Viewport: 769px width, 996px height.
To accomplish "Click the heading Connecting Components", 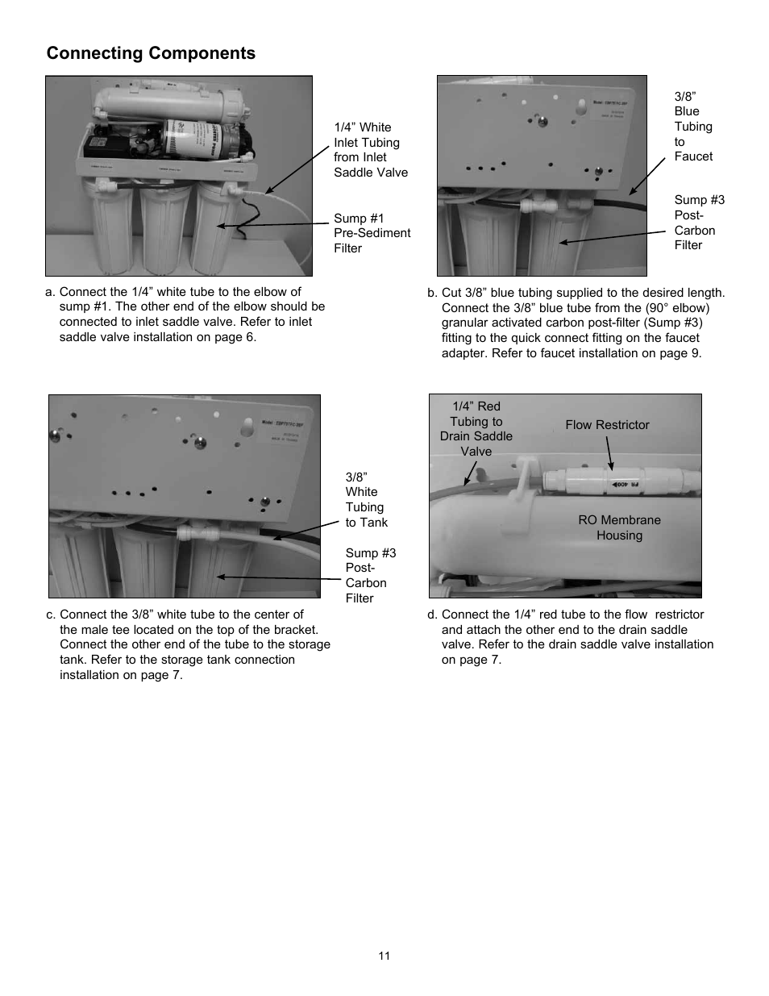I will click(151, 53).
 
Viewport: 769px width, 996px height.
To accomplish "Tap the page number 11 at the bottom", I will click(384, 956).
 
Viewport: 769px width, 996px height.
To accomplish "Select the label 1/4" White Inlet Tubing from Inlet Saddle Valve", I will click(371, 150).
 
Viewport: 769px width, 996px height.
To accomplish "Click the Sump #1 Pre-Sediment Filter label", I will click(372, 233).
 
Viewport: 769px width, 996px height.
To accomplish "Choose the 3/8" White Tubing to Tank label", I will click(366, 500).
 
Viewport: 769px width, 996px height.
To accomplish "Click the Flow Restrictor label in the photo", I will click(607, 425).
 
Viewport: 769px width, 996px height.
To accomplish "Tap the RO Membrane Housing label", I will click(619, 527).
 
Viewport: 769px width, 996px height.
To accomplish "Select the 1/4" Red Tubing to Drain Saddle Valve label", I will click(476, 428).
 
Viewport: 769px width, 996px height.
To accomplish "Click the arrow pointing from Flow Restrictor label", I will click(609, 453).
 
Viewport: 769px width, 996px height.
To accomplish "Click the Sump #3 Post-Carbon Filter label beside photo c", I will click(370, 575).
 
